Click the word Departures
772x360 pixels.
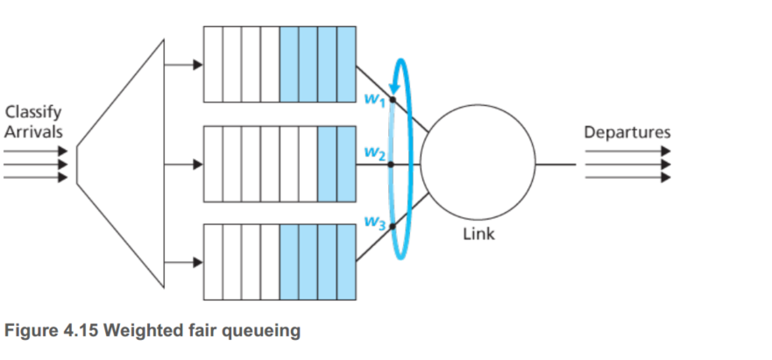[627, 132]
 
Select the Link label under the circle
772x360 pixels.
[478, 234]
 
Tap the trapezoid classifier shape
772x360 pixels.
[123, 163]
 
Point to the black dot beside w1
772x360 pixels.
[393, 101]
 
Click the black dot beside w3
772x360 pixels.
[393, 225]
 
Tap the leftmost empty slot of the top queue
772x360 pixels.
[213, 65]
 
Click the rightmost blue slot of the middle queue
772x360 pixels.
[346, 164]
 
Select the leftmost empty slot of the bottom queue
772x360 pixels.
[213, 262]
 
